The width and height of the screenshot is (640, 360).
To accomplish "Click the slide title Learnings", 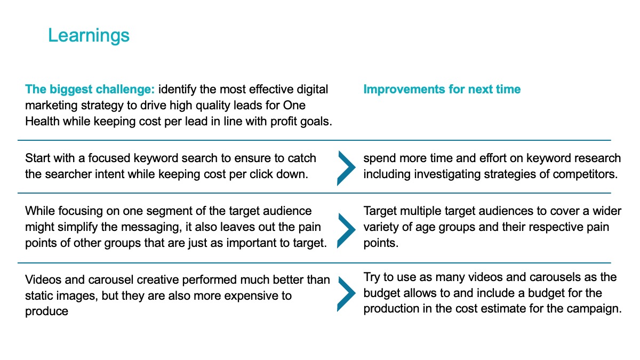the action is click(x=89, y=36).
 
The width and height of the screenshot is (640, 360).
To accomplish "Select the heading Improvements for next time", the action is click(x=442, y=89).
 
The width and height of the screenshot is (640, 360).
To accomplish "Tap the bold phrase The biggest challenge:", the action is click(x=90, y=90).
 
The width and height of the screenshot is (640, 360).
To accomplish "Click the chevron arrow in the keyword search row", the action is click(x=346, y=169).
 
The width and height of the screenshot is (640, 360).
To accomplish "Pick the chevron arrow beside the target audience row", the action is click(x=346, y=230).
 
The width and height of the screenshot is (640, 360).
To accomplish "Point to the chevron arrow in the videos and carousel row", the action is click(x=346, y=294).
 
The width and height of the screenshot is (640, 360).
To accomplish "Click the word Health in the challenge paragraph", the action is click(x=42, y=122).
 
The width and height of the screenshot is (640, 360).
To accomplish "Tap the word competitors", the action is click(x=585, y=174).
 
